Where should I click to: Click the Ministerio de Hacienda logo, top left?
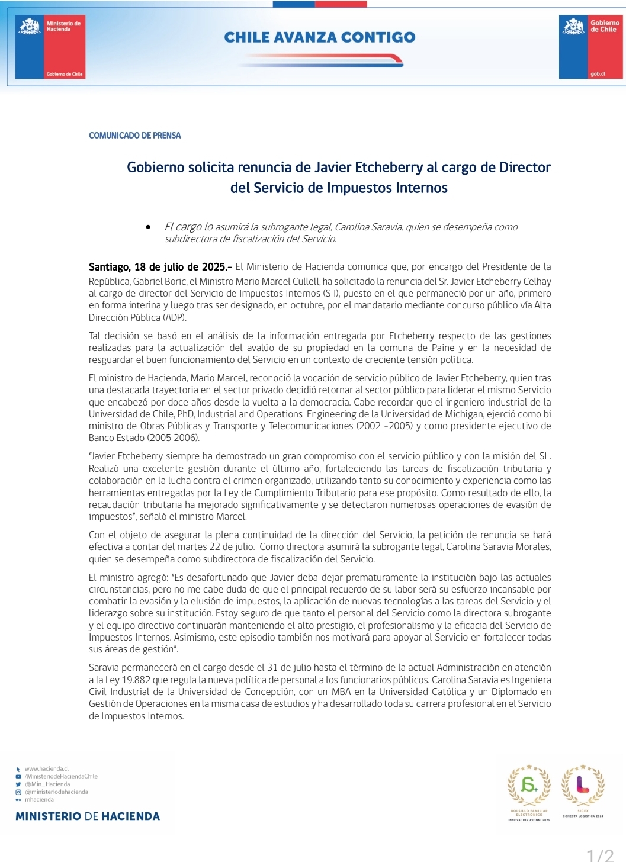click(50, 47)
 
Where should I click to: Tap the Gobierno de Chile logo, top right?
click(590, 47)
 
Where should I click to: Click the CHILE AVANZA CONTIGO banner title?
click(320, 37)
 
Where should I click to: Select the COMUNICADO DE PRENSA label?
click(135, 136)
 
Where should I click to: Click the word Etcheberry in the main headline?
click(389, 168)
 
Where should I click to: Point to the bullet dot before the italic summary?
click(148, 227)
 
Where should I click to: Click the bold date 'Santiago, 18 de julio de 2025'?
click(158, 267)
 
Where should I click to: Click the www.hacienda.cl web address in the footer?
click(47, 769)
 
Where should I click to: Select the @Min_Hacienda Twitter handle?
click(47, 784)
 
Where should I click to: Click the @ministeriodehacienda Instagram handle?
click(56, 792)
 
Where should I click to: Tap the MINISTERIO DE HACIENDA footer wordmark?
click(88, 816)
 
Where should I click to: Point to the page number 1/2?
click(600, 855)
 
